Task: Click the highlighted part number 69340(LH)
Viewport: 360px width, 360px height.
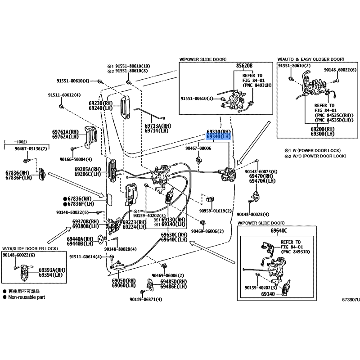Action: [218, 136]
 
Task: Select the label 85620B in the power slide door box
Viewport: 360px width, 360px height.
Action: [244, 66]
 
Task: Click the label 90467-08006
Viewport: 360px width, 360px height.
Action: [198, 148]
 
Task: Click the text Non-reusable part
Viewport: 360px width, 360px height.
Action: [27, 297]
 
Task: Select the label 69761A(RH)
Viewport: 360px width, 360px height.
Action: [66, 131]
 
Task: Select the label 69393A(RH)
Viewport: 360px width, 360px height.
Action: [52, 270]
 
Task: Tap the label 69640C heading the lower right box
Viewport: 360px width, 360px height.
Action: [279, 230]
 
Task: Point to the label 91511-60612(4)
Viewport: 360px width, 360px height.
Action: [64, 95]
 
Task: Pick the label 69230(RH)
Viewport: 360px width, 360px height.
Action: [100, 103]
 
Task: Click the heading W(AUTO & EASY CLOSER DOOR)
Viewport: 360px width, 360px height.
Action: [310, 59]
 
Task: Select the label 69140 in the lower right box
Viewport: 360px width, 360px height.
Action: [267, 293]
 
